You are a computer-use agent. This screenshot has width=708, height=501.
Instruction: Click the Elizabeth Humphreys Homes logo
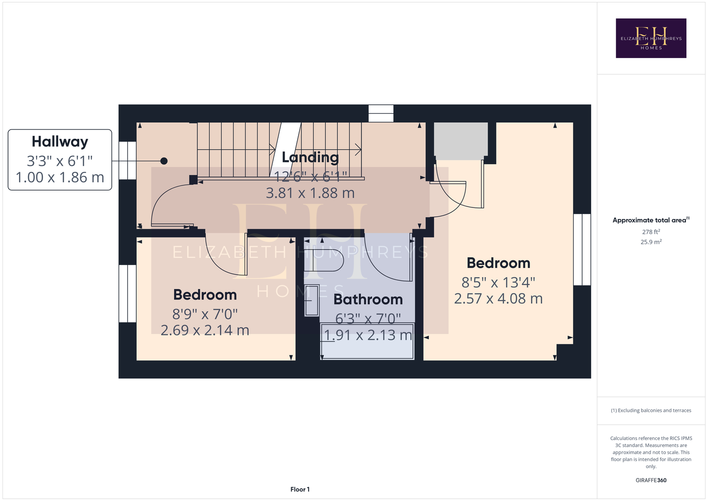[x=651, y=38]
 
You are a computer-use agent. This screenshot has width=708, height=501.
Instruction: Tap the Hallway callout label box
[x=60, y=160]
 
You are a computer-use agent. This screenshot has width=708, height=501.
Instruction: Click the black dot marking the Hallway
[x=164, y=161]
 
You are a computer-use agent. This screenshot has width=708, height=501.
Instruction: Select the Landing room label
[x=310, y=157]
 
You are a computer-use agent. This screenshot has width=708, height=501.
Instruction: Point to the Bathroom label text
[x=368, y=299]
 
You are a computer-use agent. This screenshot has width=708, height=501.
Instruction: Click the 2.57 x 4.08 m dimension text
[x=499, y=299]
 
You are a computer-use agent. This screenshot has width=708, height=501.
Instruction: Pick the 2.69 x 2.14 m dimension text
[x=205, y=330]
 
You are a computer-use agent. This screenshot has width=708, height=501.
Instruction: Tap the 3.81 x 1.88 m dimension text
[x=310, y=193]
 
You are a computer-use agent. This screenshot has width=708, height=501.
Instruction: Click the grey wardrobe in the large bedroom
[x=460, y=141]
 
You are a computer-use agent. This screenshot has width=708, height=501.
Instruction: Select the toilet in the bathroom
[x=324, y=260]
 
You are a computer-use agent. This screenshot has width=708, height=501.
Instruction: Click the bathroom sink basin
[x=312, y=300]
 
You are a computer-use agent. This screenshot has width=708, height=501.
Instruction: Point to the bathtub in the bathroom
[x=367, y=341]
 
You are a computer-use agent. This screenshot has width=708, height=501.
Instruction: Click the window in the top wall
[x=381, y=113]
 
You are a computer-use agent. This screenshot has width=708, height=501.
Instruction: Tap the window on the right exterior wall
[x=582, y=249]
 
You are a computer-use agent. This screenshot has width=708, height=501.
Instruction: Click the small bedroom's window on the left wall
[x=127, y=294]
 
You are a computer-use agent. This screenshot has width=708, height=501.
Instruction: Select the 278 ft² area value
[x=651, y=231]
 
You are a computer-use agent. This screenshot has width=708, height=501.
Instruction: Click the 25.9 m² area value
[x=651, y=242]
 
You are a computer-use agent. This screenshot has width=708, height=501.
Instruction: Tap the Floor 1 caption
[x=300, y=489]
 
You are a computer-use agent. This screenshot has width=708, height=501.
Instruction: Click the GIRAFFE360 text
[x=651, y=480]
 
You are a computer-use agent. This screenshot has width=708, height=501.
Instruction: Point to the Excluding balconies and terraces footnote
[x=651, y=410]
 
